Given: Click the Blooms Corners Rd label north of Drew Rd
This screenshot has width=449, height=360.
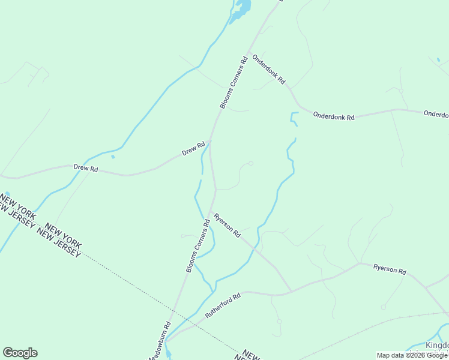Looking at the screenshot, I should tap(234, 83).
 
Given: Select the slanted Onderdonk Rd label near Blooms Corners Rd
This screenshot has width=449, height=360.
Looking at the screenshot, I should tap(268, 69).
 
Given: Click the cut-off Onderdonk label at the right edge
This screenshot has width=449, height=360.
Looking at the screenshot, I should tap(436, 113).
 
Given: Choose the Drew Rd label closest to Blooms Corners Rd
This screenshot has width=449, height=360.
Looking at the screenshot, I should tap(194, 149).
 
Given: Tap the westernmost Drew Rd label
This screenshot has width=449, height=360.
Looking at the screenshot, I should tap(85, 169).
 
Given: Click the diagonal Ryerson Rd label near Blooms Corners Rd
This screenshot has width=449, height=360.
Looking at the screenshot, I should tap(227, 224).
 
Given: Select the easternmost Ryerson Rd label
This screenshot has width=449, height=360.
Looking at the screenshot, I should tap(390, 269).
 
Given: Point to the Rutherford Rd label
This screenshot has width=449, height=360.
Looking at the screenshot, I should tap(223, 305).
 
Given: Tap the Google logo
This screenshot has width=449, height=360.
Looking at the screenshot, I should tap(20, 353).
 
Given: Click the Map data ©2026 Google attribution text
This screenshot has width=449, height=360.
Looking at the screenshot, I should tap(412, 355).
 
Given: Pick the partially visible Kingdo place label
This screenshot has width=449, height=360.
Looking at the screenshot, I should tap(437, 346).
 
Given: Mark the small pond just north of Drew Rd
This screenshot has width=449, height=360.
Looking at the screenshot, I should tap(113, 157).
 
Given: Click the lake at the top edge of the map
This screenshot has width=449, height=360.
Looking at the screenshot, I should tap(243, 7).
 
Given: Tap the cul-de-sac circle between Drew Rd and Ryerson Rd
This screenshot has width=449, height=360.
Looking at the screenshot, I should tap(251, 163).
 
